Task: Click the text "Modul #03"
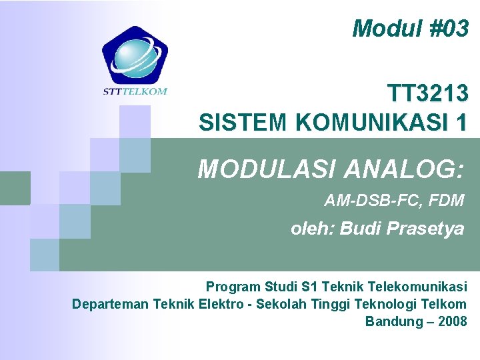tap(410, 28)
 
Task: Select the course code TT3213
tap(427, 94)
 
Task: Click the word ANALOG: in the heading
tap(403, 169)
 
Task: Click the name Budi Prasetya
tap(402, 229)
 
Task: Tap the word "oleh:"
tap(313, 229)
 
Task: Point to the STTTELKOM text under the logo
tap(135, 91)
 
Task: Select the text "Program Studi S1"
tap(253, 287)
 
